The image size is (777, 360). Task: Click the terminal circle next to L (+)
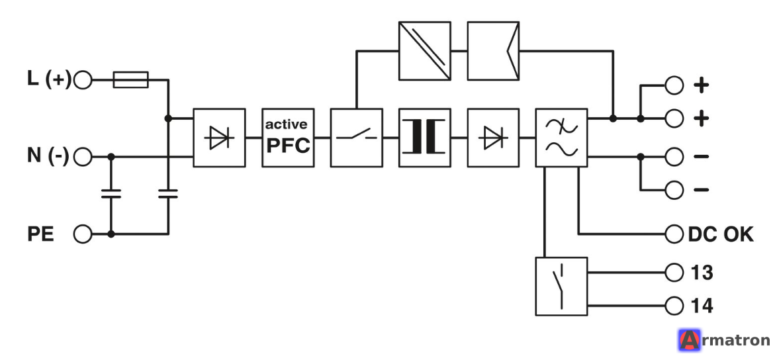point(83,79)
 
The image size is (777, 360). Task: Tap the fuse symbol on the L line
point(131,79)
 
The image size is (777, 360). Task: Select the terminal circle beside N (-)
point(83,157)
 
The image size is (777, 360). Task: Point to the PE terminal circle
point(83,234)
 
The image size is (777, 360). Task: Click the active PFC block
point(288,138)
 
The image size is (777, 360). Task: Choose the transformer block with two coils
point(425,138)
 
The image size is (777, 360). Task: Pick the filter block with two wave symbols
point(561,138)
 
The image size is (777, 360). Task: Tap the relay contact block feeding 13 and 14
point(561,287)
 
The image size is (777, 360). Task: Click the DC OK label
point(721,234)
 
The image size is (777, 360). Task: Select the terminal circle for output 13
point(674,273)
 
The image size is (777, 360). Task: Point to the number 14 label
point(702,306)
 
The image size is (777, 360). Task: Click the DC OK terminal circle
point(674,234)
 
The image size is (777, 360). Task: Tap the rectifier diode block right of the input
point(219,138)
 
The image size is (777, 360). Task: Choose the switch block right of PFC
point(356,138)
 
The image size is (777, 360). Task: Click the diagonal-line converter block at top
point(425,50)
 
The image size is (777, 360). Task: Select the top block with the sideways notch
point(494,50)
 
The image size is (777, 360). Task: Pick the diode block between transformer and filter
point(494,138)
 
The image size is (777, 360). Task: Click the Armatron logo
point(723,341)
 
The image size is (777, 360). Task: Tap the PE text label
point(40,234)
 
